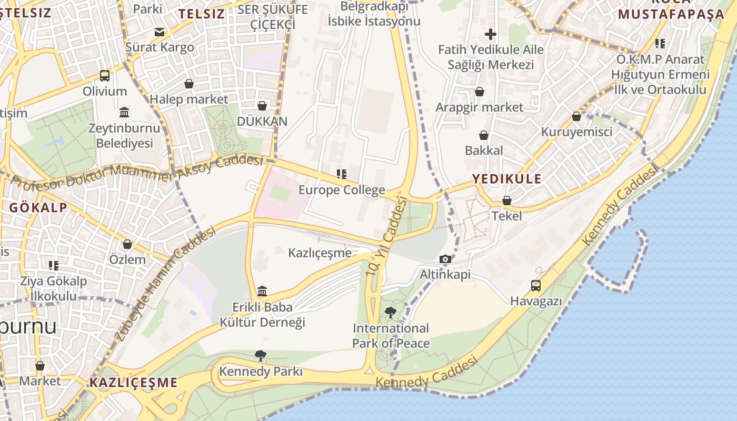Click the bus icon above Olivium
tap(105, 76)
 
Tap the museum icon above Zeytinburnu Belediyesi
tap(125, 112)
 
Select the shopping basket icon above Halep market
tap(189, 84)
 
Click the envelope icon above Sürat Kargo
tap(160, 32)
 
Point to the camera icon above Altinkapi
tap(445, 259)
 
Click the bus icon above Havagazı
tap(536, 286)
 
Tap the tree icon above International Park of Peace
tap(390, 313)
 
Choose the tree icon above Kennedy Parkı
tap(261, 356)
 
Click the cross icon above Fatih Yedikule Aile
tap(491, 35)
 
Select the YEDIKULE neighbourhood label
tap(506, 179)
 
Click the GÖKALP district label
tap(38, 207)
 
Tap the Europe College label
tap(342, 190)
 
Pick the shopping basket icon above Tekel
tap(507, 201)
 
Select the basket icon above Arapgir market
tap(480, 92)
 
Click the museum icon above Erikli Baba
tap(262, 291)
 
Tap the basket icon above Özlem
tap(127, 244)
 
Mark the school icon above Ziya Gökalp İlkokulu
tap(54, 265)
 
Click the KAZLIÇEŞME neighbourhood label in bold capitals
tap(133, 383)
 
